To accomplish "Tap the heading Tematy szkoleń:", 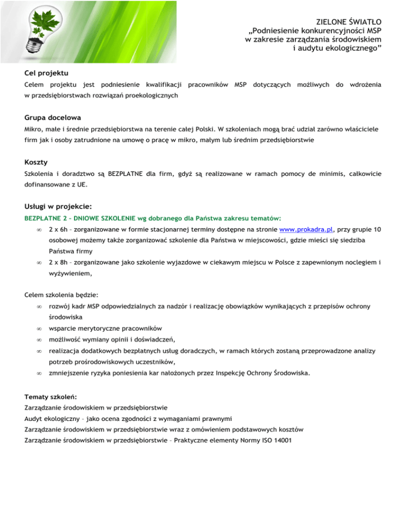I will point(51,396).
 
